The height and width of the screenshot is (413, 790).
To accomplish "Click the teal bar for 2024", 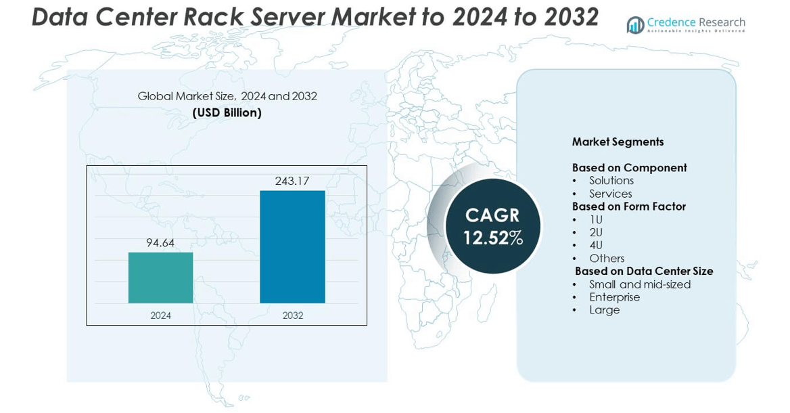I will pyautogui.click(x=160, y=278).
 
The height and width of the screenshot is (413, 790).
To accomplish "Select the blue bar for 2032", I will pyautogui.click(x=292, y=246).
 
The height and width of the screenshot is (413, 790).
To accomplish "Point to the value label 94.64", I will pyautogui.click(x=160, y=243).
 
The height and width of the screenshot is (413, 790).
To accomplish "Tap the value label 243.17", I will pyautogui.click(x=292, y=181).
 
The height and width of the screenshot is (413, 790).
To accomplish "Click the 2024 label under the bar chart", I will pyautogui.click(x=160, y=316).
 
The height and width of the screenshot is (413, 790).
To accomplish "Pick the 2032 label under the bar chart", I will pyautogui.click(x=293, y=316).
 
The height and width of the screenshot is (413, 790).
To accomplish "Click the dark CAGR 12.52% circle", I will pyautogui.click(x=493, y=226).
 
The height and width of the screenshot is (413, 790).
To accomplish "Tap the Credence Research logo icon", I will pyautogui.click(x=635, y=25).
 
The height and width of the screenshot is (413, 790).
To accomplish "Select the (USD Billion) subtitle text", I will pyautogui.click(x=227, y=113).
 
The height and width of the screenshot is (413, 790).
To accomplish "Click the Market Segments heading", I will pyautogui.click(x=618, y=142).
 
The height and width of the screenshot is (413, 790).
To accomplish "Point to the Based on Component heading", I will pyautogui.click(x=629, y=167).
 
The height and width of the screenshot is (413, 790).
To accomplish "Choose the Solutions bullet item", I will pyautogui.click(x=611, y=181).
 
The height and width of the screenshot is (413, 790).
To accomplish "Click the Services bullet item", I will pyautogui.click(x=610, y=194).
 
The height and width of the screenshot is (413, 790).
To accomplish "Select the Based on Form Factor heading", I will pyautogui.click(x=628, y=206).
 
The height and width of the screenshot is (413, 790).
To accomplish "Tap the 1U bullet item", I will pyautogui.click(x=595, y=220).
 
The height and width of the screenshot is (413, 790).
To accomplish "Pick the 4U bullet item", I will pyautogui.click(x=595, y=245).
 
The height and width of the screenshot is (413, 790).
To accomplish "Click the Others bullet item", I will pyautogui.click(x=607, y=258).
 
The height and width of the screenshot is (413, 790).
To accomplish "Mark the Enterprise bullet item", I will pyautogui.click(x=614, y=297).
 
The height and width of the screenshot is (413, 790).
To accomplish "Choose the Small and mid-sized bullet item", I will pyautogui.click(x=639, y=284).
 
